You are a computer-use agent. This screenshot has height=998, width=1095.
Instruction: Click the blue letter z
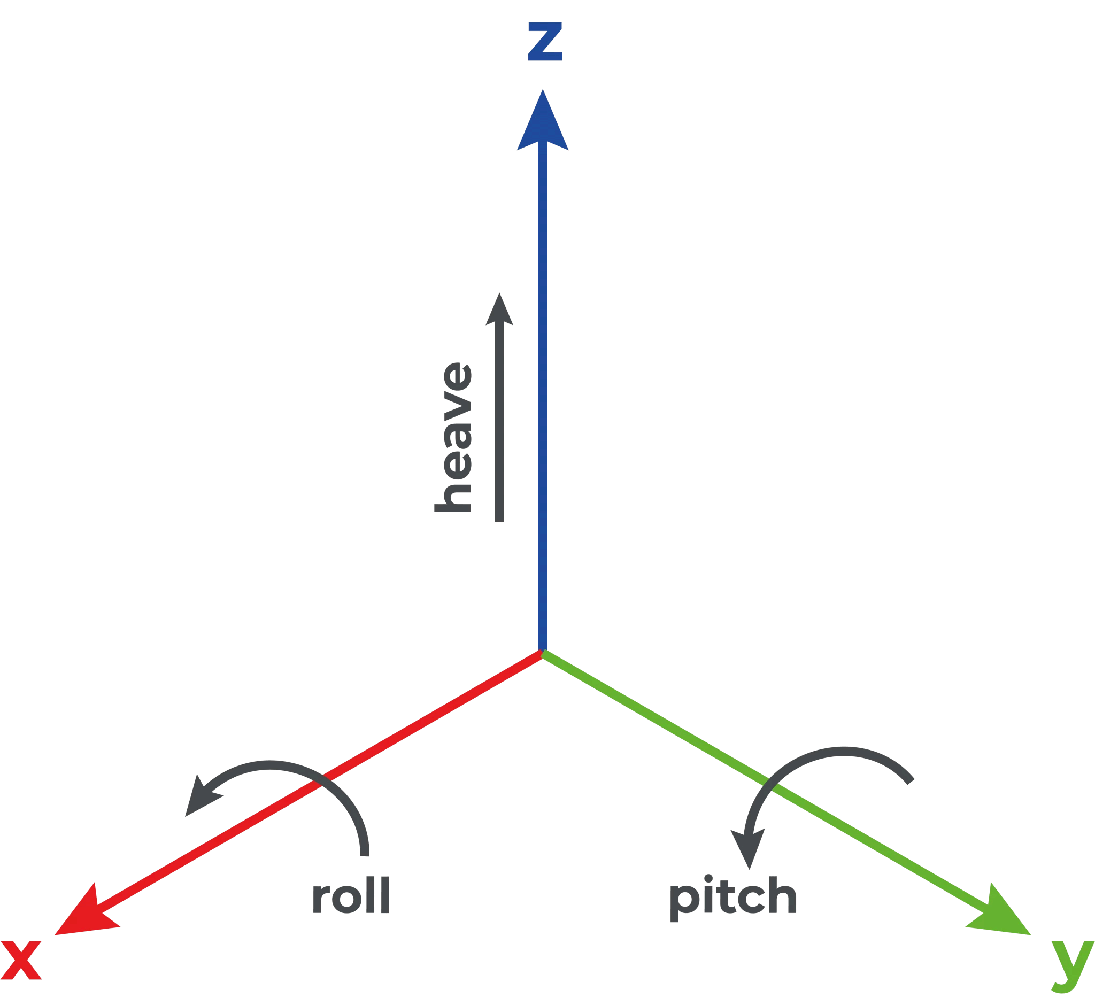tap(545, 41)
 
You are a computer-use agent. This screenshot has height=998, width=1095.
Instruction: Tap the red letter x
tap(21, 960)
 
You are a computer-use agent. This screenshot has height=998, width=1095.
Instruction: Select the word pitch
tap(732, 896)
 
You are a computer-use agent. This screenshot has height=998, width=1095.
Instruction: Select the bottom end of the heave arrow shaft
tap(499, 520)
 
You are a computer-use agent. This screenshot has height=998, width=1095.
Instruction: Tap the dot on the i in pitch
tap(708, 878)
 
